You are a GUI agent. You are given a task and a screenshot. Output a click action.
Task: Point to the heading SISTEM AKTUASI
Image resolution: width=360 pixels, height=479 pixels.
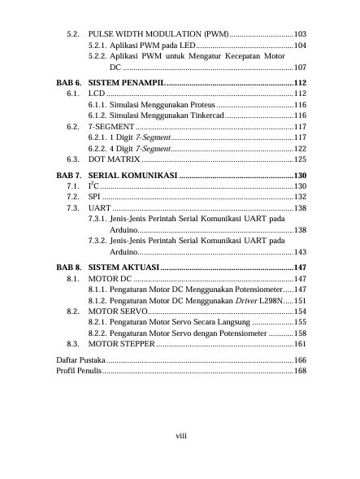(x=124, y=267)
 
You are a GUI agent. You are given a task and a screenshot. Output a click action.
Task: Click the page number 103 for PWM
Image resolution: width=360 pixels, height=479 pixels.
(x=300, y=37)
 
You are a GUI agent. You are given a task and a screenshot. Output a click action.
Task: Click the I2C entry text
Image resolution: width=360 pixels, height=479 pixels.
(x=92, y=186)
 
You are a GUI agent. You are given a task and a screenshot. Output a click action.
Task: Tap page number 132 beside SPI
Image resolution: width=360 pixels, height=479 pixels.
(x=300, y=198)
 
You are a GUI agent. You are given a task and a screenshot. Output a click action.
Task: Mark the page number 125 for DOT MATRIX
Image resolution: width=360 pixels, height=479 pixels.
(x=300, y=160)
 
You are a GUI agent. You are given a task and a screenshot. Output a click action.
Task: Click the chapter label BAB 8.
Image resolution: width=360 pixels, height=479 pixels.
(x=68, y=267)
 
